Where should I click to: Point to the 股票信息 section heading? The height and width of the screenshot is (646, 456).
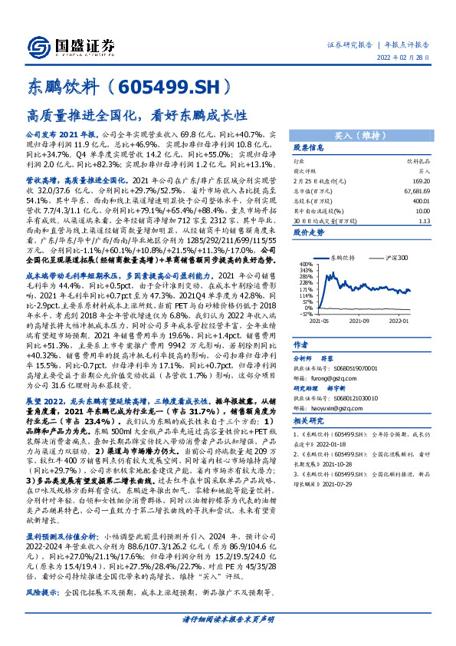point(309,148)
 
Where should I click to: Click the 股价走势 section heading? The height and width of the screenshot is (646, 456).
point(309,233)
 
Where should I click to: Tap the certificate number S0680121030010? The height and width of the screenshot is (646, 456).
point(353,397)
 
